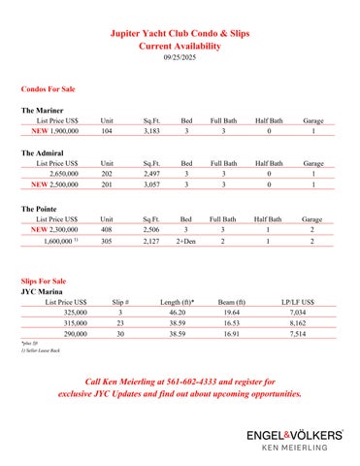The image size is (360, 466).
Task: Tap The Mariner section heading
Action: click(44, 112)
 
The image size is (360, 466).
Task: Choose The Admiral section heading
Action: click(45, 153)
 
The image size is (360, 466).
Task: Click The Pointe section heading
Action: click(42, 209)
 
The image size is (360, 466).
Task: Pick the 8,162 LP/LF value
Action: click(298, 322)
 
